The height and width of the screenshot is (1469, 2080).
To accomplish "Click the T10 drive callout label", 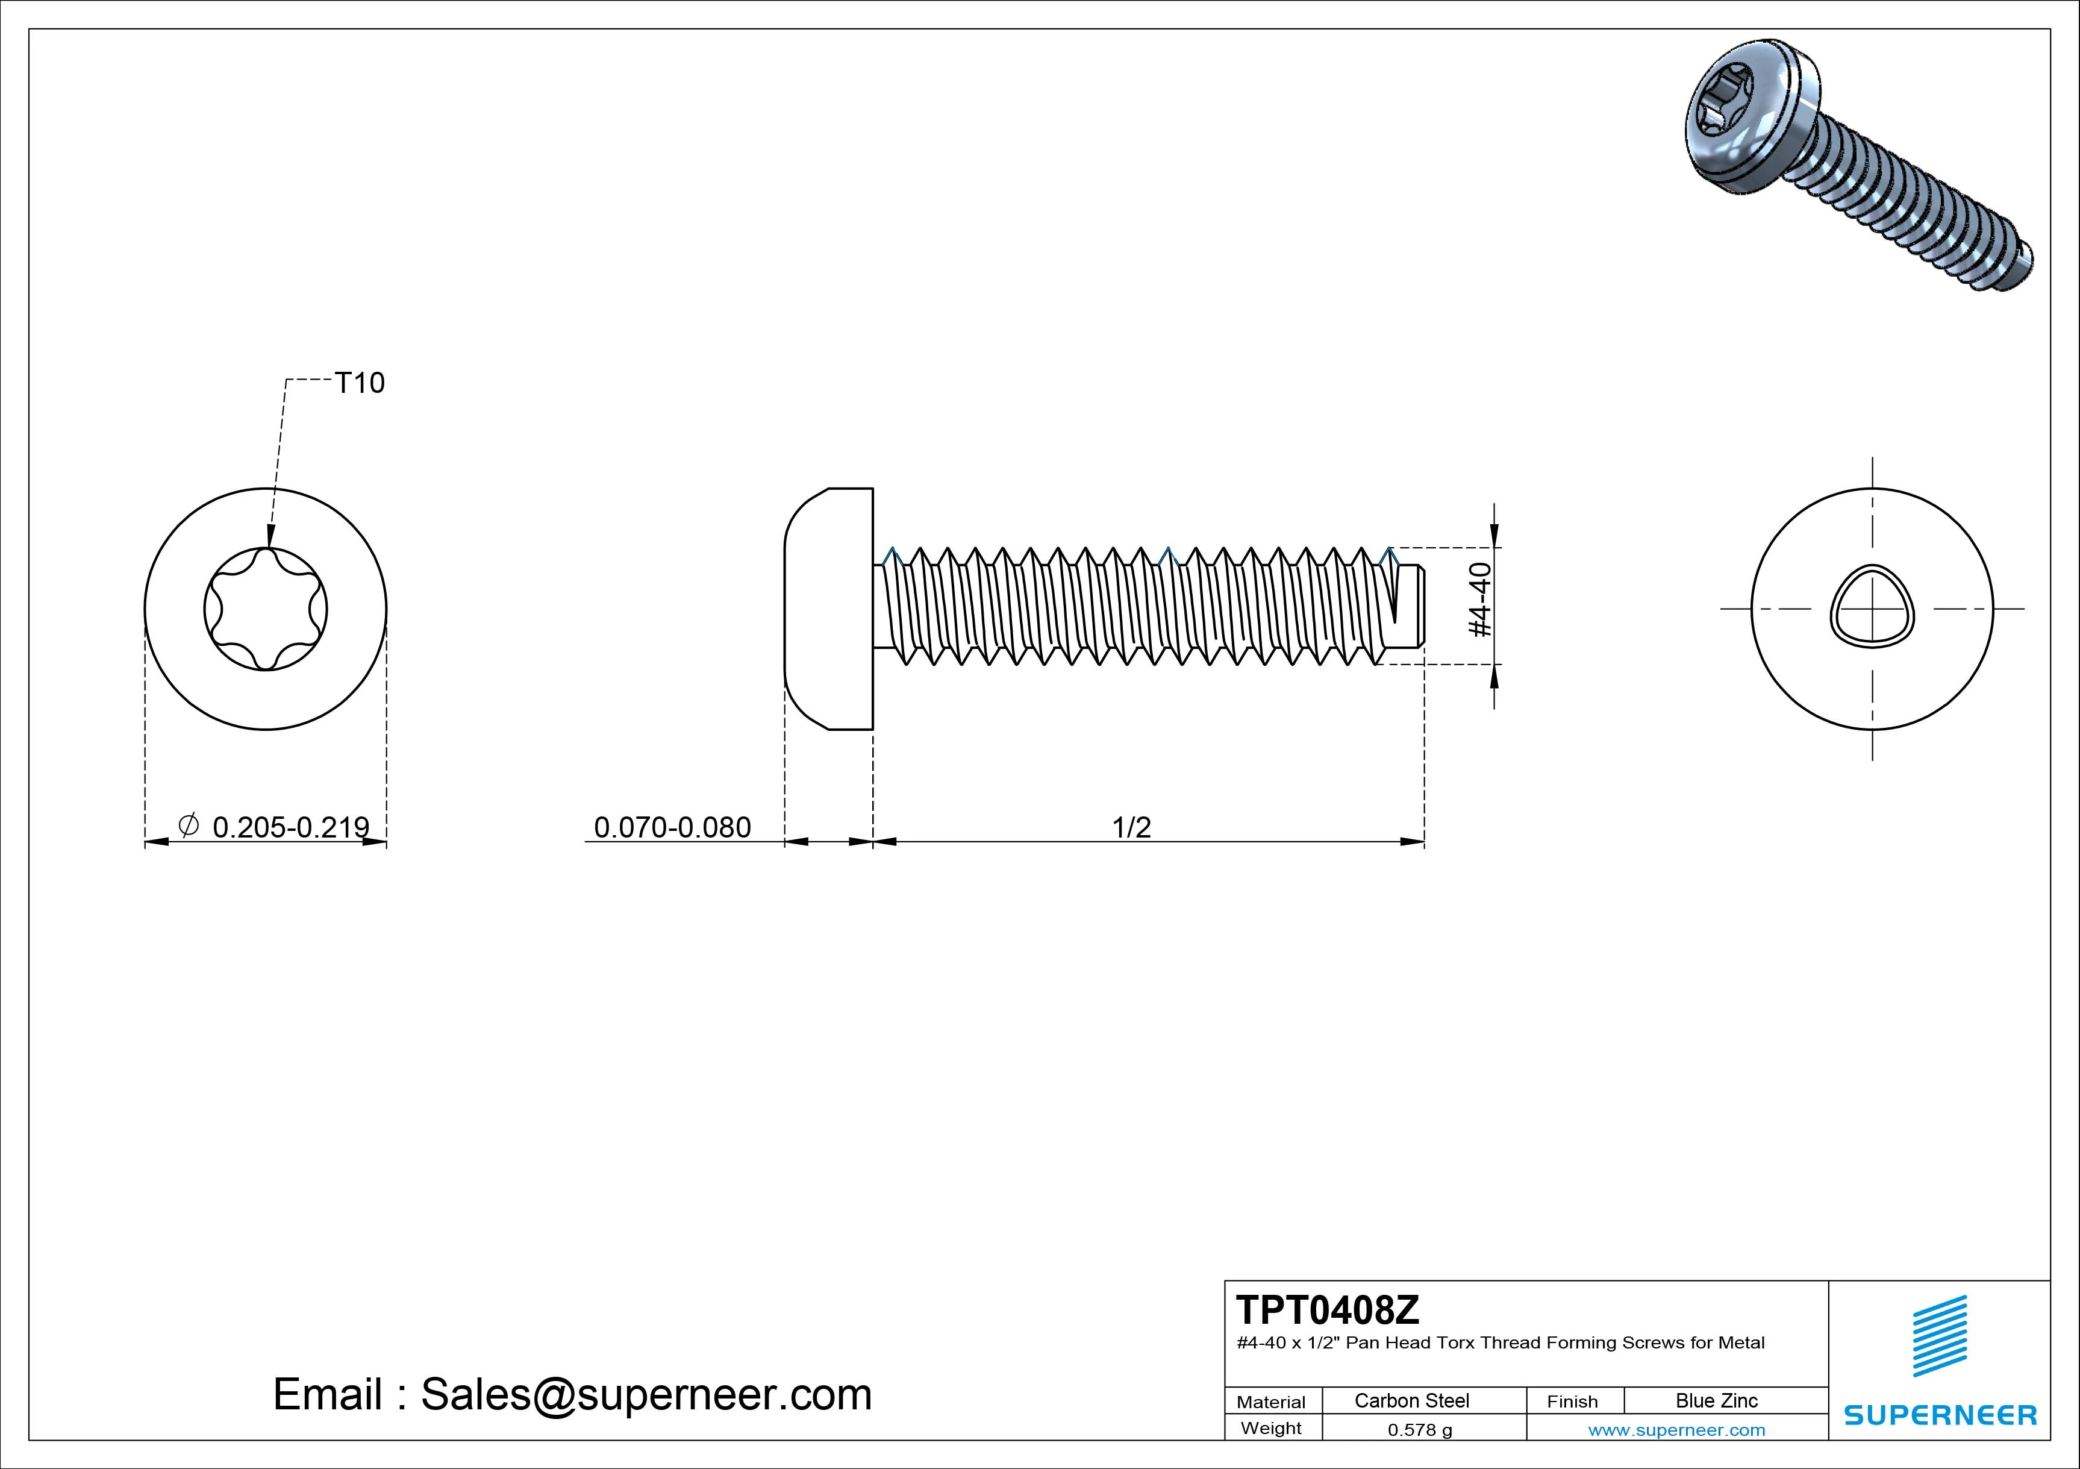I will (x=360, y=383).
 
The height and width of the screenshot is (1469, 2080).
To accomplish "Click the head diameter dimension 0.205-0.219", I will (x=290, y=827).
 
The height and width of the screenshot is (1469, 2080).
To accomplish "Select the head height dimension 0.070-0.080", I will (x=672, y=827).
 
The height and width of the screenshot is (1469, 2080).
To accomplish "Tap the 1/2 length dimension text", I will (x=1131, y=827).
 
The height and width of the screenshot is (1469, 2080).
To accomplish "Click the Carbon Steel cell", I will (x=1411, y=1400).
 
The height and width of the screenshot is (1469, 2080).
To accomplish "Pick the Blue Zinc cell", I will (x=1717, y=1400).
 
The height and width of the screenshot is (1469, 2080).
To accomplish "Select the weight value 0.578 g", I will (x=1420, y=1430).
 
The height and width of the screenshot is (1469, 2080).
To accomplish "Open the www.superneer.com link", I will (x=1676, y=1430).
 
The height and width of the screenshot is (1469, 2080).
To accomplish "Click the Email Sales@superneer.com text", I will (x=572, y=1394).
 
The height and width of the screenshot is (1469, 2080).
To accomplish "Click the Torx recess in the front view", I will (x=266, y=609).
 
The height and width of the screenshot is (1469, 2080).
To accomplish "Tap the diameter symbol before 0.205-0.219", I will (x=189, y=825).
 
